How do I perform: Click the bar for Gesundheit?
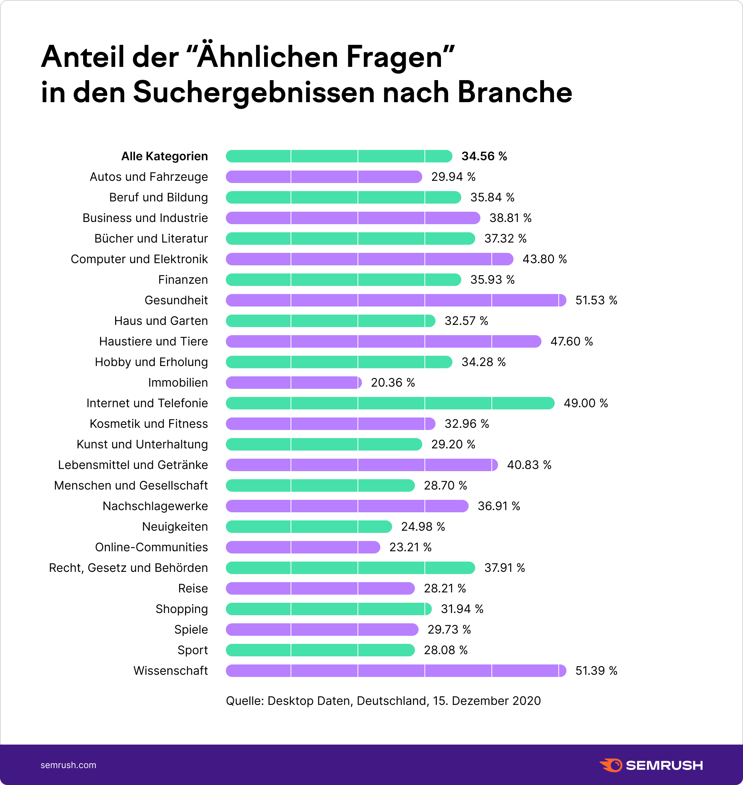[396, 300]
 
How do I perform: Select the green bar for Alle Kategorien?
[339, 156]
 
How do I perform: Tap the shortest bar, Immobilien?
[294, 383]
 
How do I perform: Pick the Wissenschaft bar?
[396, 671]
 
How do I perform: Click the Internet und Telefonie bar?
[390, 403]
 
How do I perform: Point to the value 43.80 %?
[545, 259]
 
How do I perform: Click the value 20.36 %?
[393, 383]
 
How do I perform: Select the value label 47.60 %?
[572, 341]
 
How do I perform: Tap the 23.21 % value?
[410, 547]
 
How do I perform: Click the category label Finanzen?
[183, 280]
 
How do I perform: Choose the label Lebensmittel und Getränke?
[133, 465]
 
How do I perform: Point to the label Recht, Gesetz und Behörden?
[128, 568]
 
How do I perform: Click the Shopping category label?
[181, 609]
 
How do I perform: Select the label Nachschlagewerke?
[155, 506]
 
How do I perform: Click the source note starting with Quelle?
[383, 701]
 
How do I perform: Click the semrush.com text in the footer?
[68, 765]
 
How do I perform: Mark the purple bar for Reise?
[320, 588]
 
